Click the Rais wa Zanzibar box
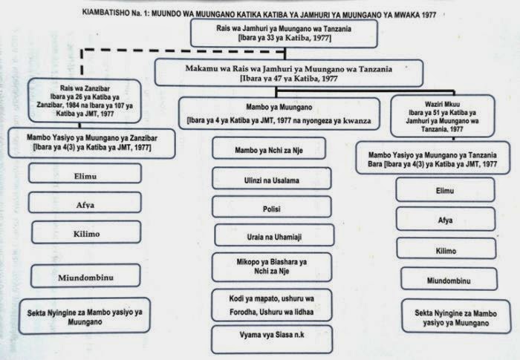(72, 105)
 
